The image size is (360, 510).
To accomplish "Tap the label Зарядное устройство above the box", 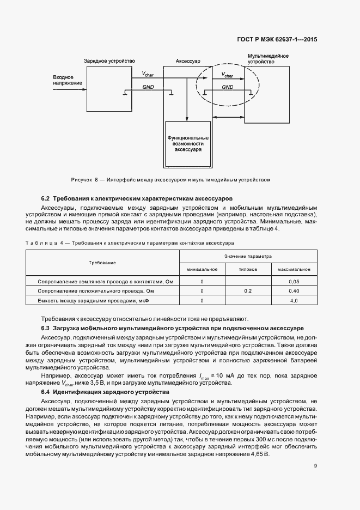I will pos(109,61).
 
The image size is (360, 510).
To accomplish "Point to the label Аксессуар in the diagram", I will pos(187,62).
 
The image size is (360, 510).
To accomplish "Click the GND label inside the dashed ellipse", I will pos(228,87).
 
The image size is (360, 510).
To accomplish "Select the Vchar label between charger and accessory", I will pos(148,74).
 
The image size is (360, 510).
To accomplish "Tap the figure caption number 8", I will pos(96,179).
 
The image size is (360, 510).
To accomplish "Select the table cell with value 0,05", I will pos(294,282).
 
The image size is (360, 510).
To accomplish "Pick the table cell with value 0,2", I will pos(247,291).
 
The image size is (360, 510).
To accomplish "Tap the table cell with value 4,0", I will pos(294,301).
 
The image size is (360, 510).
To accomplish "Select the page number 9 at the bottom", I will pos(315,465).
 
